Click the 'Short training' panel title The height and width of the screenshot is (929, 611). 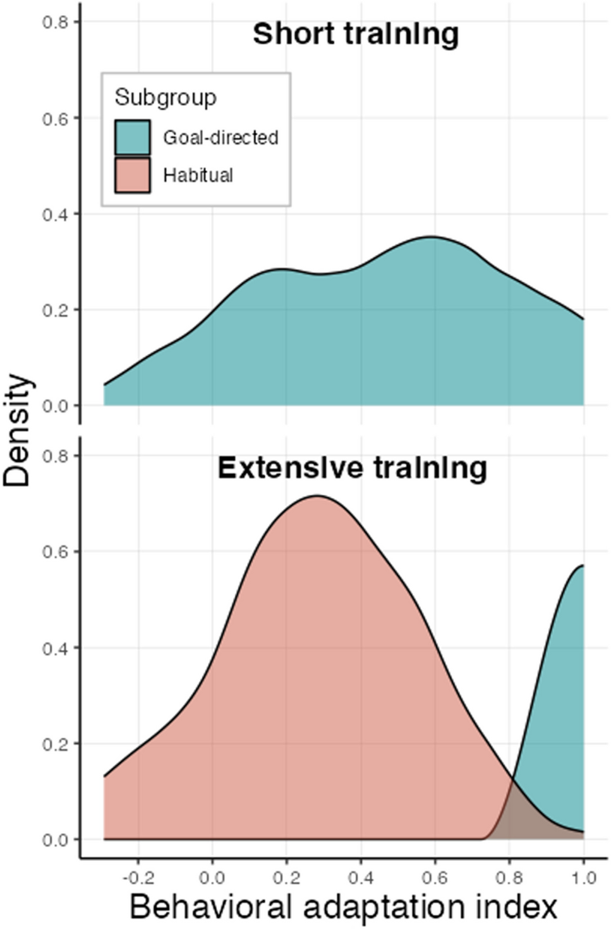click(356, 33)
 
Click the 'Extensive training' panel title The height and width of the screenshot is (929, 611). click(352, 468)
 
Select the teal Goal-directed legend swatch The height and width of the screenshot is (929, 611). click(133, 137)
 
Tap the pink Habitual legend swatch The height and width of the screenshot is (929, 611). click(133, 175)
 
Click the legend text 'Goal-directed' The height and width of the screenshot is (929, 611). click(221, 137)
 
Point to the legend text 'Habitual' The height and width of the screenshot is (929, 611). click(198, 175)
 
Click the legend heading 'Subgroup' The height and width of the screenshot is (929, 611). click(166, 97)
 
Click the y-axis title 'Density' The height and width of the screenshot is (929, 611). click(17, 430)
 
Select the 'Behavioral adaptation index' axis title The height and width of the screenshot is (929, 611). click(343, 908)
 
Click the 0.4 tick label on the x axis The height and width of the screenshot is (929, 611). click(361, 877)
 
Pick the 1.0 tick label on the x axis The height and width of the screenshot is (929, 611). click(583, 877)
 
